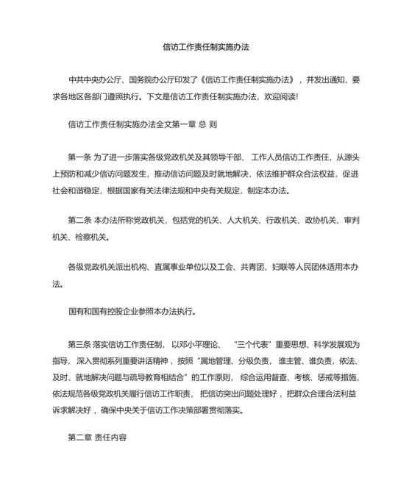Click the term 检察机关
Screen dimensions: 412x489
click(90, 237)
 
